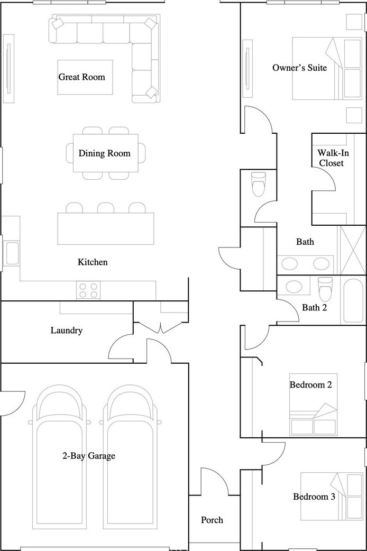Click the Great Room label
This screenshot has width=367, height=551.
point(81,77)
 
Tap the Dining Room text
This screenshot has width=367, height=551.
point(104,153)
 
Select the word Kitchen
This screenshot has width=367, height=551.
point(93,262)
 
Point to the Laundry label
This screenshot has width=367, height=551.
point(67,330)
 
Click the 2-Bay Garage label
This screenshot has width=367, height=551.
point(89,456)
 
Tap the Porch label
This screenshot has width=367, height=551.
point(212,520)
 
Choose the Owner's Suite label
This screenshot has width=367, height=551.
point(299,68)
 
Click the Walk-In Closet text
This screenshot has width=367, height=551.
point(331,158)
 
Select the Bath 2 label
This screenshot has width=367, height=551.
point(315,307)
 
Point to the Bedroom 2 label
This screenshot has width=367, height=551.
point(311,385)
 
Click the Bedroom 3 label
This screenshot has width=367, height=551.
point(314,497)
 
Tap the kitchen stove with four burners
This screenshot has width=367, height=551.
point(88,290)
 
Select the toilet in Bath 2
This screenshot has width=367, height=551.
point(325,289)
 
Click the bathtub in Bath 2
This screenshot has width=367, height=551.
point(353,301)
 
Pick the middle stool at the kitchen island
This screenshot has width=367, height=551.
point(106,208)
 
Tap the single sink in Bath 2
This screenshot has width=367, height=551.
point(294,287)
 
